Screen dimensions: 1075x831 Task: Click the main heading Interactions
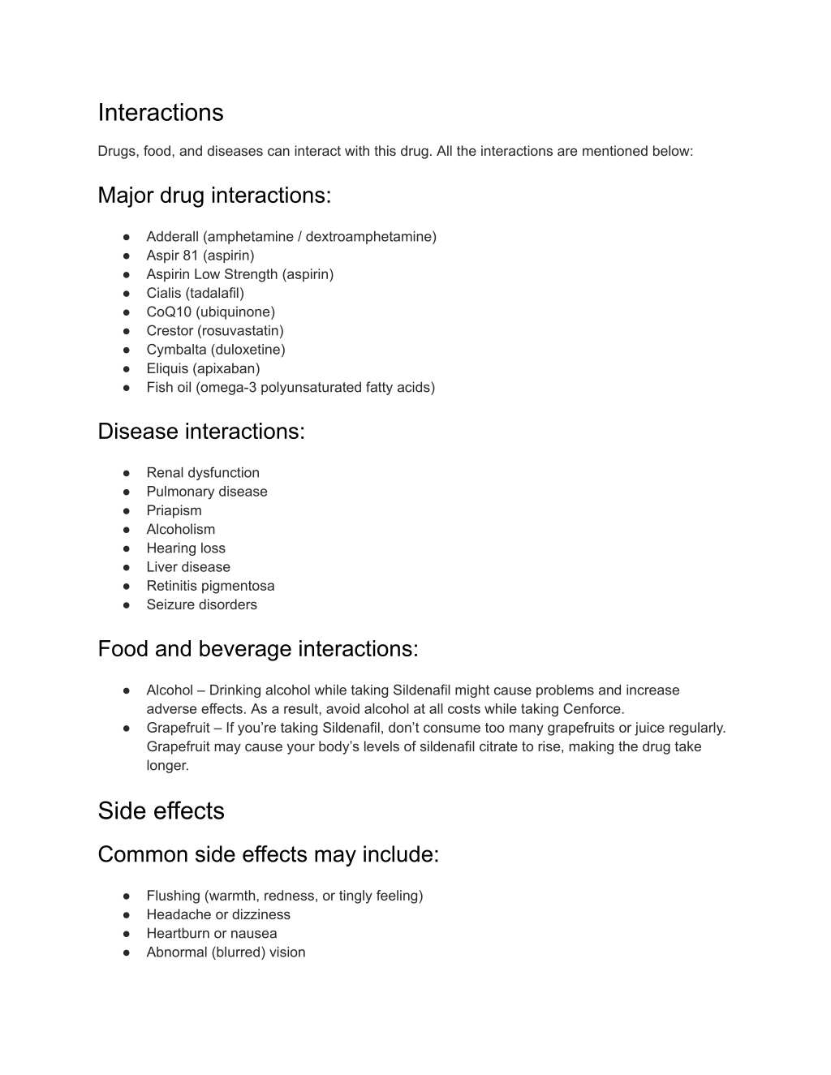click(160, 112)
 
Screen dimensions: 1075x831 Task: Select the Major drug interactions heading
click(214, 196)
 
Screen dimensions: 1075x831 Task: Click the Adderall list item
click(291, 236)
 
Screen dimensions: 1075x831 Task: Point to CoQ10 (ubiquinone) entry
click(210, 312)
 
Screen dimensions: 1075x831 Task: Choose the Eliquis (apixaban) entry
click(203, 368)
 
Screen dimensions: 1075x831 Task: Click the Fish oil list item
click(290, 387)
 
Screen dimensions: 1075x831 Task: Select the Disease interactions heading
click(200, 432)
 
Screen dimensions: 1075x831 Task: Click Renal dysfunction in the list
click(202, 472)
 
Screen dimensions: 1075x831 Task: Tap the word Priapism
click(174, 510)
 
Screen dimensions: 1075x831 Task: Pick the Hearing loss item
click(185, 548)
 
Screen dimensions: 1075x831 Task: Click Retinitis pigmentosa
click(210, 586)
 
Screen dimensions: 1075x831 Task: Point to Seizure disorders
click(201, 604)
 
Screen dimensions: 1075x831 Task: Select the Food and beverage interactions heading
click(257, 649)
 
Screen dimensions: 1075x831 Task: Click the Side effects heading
click(161, 811)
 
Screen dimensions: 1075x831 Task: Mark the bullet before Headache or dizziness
click(127, 914)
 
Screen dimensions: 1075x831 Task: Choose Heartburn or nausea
click(211, 933)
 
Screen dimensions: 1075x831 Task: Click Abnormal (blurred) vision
click(226, 952)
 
